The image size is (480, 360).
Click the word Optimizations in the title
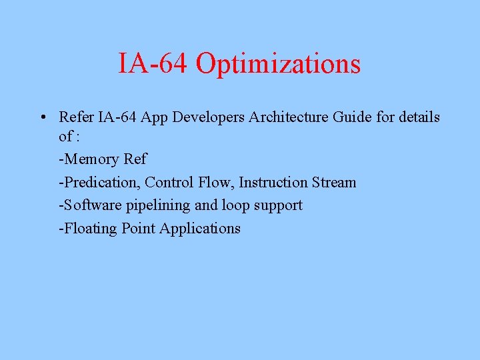coord(278,64)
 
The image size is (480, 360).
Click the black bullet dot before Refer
coord(41,118)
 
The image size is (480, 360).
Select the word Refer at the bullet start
coord(76,117)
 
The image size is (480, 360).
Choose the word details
coord(419,117)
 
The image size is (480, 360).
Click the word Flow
coord(216,182)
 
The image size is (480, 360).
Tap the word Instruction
coord(273,182)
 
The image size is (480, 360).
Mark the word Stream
coord(334,182)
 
